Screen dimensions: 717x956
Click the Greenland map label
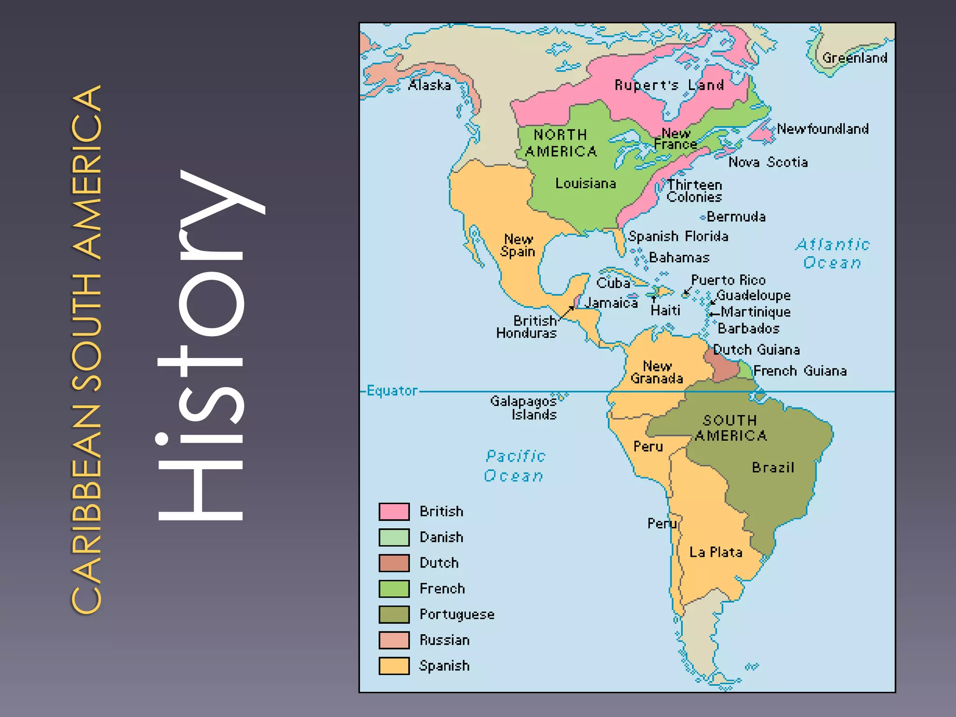(x=854, y=58)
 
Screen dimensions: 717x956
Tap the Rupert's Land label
(x=669, y=85)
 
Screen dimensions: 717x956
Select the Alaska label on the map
(x=429, y=85)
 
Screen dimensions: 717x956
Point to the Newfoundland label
(x=822, y=129)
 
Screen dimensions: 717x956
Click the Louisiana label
(x=585, y=183)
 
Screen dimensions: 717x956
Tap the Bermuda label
(x=736, y=217)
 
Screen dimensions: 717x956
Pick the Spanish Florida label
(x=678, y=236)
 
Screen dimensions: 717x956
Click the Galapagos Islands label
(x=524, y=408)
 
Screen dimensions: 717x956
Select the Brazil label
(x=773, y=467)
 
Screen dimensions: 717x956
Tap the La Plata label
(x=716, y=552)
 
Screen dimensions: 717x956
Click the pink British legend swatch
(x=394, y=512)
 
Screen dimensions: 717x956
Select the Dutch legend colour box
(x=394, y=563)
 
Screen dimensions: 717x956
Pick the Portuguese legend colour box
(x=394, y=614)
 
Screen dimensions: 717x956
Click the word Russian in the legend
(x=444, y=640)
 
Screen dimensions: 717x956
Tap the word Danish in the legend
(x=441, y=537)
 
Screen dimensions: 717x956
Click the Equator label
(x=392, y=391)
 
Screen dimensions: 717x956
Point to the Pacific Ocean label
(x=515, y=466)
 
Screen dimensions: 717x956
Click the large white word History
(x=205, y=345)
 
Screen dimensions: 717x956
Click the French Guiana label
(x=800, y=371)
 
